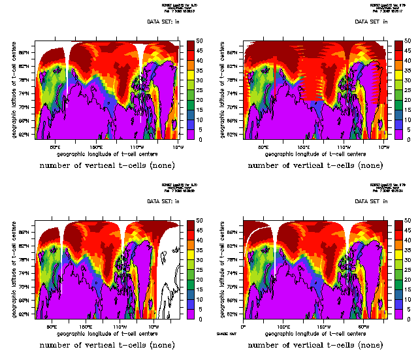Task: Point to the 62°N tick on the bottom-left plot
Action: [x=29, y=315]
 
